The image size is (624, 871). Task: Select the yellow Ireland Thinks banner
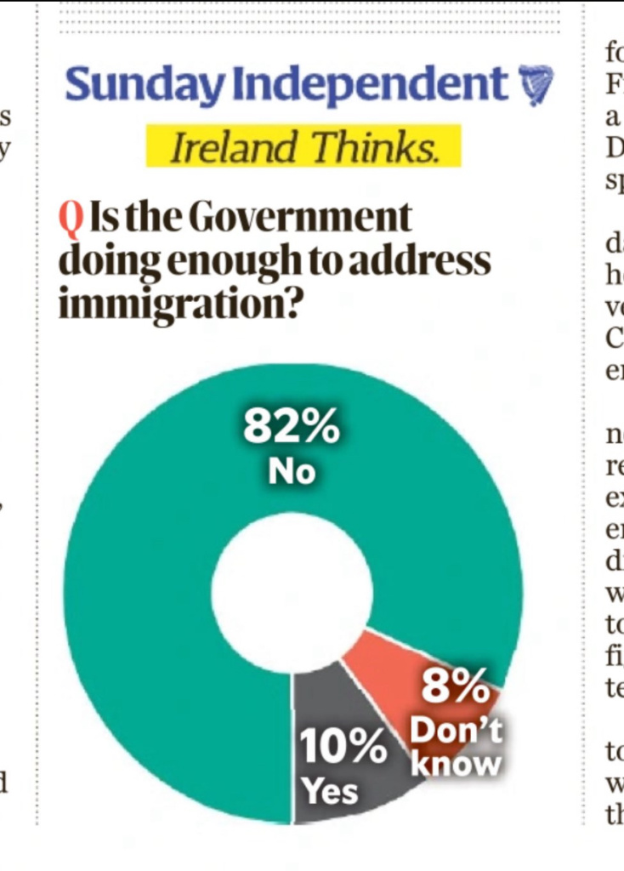point(303,146)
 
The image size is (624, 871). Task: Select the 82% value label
point(291,428)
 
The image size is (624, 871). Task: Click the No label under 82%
point(292,471)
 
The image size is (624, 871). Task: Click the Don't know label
point(456,746)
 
